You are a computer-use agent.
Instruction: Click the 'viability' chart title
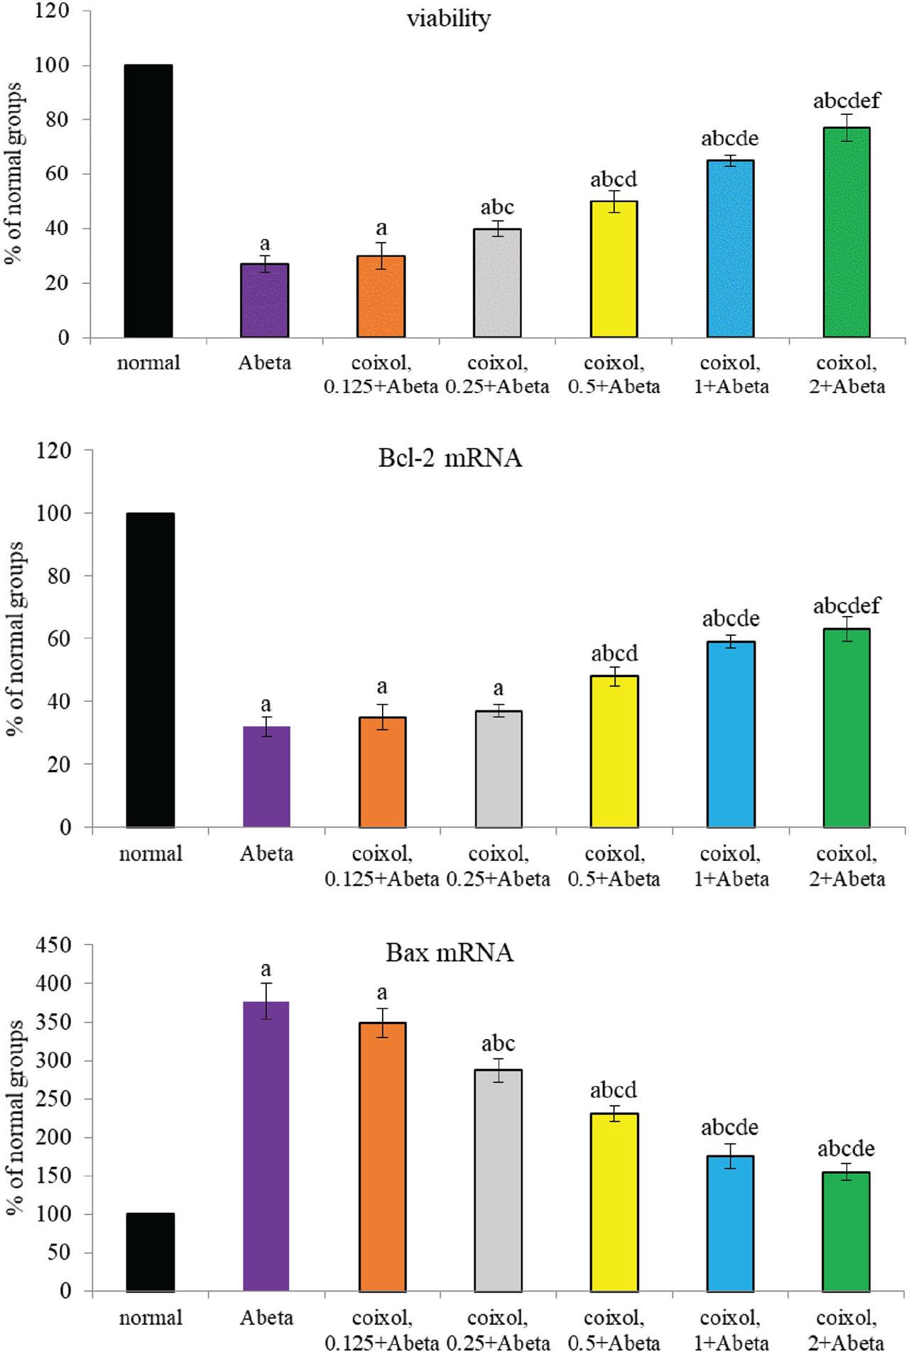pyautogui.click(x=448, y=19)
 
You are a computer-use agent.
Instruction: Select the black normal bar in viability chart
pyautogui.click(x=148, y=201)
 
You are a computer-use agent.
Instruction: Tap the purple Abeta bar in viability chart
pyautogui.click(x=265, y=300)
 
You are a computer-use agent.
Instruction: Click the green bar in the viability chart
pyautogui.click(x=847, y=232)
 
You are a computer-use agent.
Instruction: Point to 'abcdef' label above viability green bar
pyautogui.click(x=847, y=101)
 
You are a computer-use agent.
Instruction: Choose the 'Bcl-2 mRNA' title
pyautogui.click(x=450, y=458)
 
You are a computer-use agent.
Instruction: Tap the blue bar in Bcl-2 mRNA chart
pyautogui.click(x=731, y=734)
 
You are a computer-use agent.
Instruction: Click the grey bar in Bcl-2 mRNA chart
pyautogui.click(x=499, y=769)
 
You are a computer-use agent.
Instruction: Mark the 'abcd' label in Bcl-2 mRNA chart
pyautogui.click(x=614, y=653)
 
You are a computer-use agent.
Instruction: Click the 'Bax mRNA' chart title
pyautogui.click(x=450, y=952)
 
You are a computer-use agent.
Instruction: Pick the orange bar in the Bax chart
pyautogui.click(x=382, y=1156)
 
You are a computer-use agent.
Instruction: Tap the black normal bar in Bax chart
pyautogui.click(x=150, y=1252)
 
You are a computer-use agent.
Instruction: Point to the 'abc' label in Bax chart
pyautogui.click(x=498, y=1043)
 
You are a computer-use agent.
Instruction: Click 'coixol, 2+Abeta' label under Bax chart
pyautogui.click(x=847, y=1330)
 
